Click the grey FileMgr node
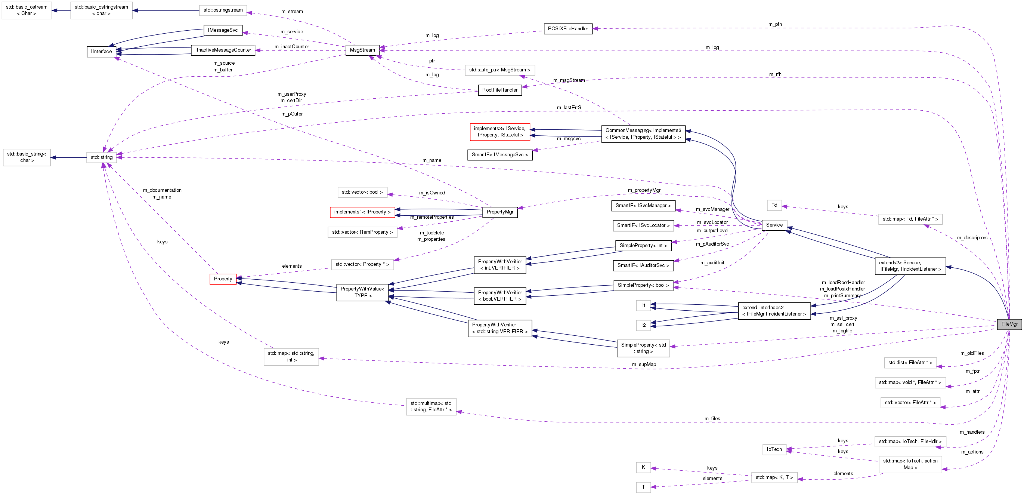1009,324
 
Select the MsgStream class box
362,50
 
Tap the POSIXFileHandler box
567,29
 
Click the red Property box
223,279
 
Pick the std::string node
101,157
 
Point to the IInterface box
101,52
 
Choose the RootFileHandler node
500,90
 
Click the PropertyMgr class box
500,212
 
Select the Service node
774,225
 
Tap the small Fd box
774,205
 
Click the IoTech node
774,449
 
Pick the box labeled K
643,467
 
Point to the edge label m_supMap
644,365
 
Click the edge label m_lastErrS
569,107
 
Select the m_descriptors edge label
972,237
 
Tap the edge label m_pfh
775,24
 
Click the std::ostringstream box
223,10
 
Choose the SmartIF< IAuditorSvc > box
643,265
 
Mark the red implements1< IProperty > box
362,212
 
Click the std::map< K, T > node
774,477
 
